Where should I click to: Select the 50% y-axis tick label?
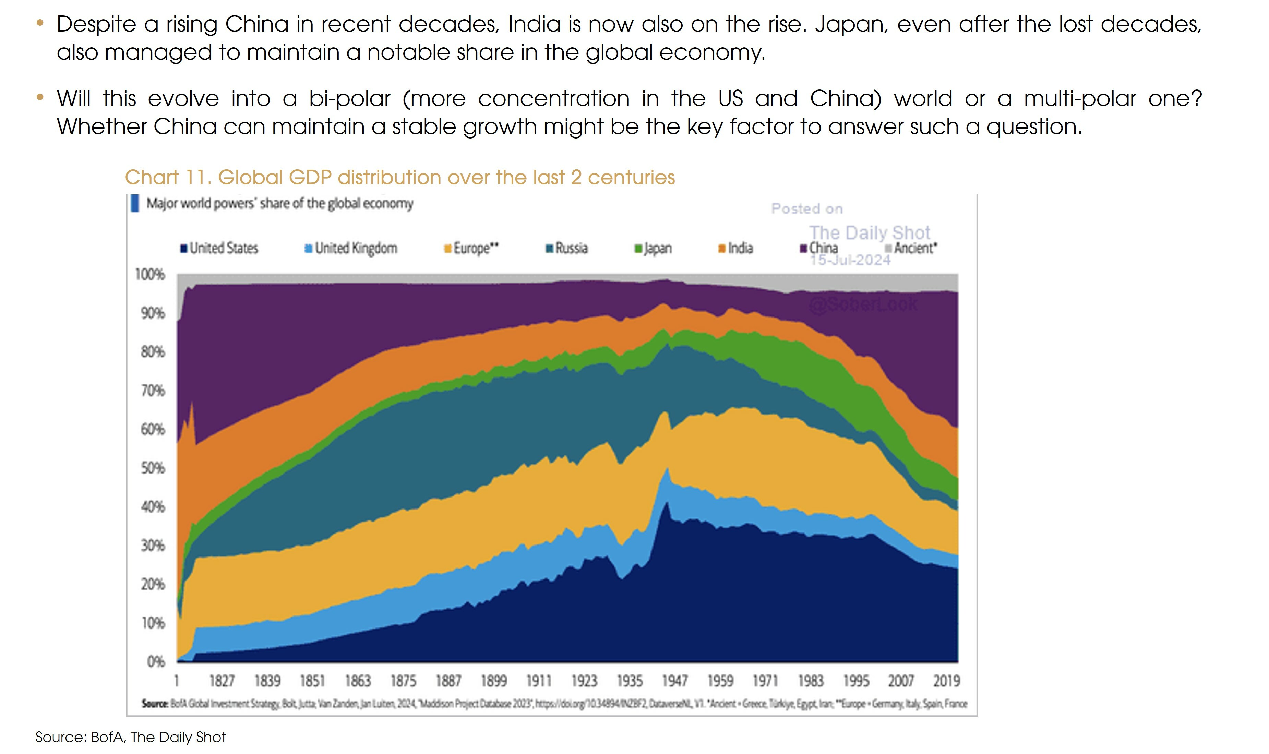[x=152, y=468]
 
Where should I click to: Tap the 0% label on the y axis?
[x=155, y=661]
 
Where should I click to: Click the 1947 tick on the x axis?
[x=675, y=681]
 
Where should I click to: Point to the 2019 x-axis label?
[x=946, y=681]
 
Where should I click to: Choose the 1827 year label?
[x=222, y=681]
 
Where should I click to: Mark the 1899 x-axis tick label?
[x=494, y=681]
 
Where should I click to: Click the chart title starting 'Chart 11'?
[x=400, y=177]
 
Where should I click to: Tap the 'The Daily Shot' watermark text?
[x=869, y=233]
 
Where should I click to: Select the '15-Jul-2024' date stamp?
[x=850, y=260]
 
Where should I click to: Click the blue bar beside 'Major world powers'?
[x=135, y=203]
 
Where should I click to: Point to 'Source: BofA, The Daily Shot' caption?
[x=131, y=737]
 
